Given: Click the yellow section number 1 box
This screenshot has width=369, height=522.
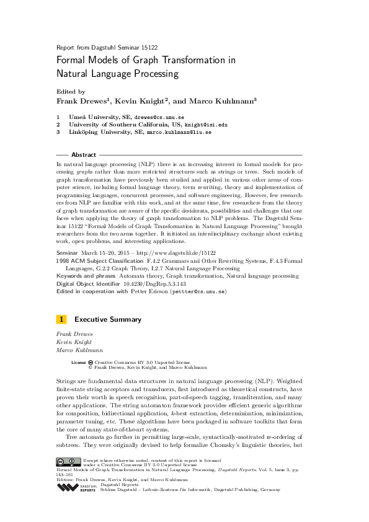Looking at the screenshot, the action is pos(61,319).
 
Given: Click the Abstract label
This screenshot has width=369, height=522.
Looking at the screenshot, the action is pos(84,154).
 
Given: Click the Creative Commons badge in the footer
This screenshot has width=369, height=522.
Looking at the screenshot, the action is pos(68,461).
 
